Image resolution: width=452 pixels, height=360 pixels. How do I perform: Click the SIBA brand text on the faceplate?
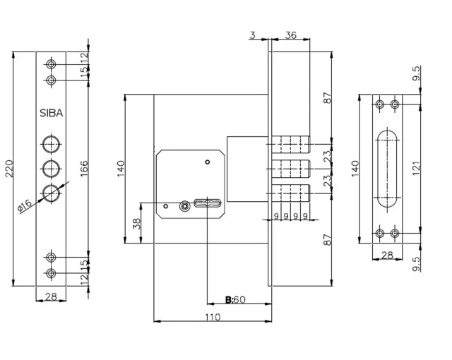click(x=52, y=113)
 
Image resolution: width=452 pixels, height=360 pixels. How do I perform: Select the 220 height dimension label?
click(x=9, y=169)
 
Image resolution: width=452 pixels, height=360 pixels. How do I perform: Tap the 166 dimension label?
click(x=83, y=169)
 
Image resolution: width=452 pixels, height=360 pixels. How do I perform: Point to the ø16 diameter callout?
click(x=25, y=205)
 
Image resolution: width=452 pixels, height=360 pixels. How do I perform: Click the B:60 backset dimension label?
click(x=235, y=300)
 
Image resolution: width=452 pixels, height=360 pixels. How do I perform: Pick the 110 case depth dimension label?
click(x=213, y=318)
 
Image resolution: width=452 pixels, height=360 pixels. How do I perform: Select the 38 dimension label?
click(x=136, y=224)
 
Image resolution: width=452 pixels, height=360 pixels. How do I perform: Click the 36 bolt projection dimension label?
click(x=290, y=35)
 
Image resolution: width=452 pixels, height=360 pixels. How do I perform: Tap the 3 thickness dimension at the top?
click(x=253, y=35)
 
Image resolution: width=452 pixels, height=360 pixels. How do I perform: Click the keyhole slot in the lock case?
click(x=208, y=203)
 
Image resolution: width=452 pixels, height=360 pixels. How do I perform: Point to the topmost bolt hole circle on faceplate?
click(x=52, y=64)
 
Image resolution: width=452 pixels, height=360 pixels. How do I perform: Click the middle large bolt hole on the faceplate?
click(x=52, y=169)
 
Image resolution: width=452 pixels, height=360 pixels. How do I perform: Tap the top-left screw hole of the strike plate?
click(x=380, y=104)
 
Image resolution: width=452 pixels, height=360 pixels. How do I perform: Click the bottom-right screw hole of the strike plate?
click(x=395, y=233)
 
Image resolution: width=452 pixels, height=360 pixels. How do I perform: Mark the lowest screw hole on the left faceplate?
click(x=52, y=273)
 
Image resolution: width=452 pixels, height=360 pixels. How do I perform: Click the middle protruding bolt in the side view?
click(x=291, y=169)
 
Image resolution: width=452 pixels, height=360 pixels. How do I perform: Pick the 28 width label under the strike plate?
click(x=387, y=255)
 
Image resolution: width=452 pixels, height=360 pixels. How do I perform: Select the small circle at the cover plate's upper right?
click(x=207, y=162)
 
